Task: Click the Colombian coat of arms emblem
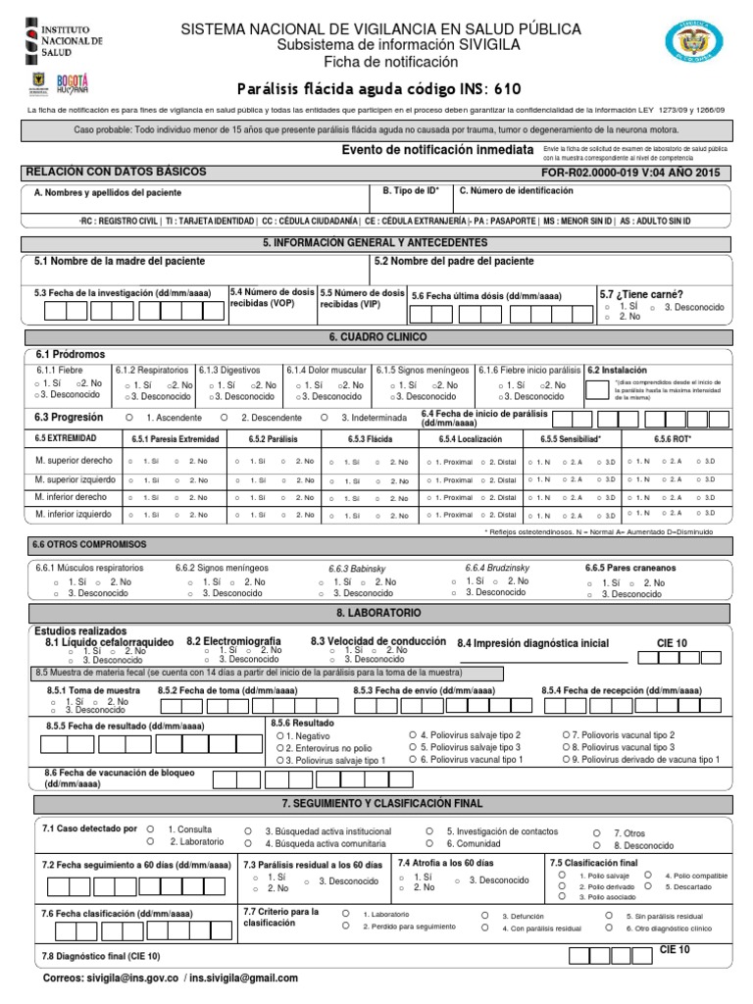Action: click(x=698, y=43)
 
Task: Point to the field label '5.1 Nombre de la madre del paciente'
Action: click(x=120, y=262)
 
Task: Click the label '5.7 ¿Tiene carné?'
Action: click(x=641, y=293)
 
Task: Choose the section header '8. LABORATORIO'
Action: click(x=378, y=612)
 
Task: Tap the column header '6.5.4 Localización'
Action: click(x=472, y=439)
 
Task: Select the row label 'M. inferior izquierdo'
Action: click(x=72, y=514)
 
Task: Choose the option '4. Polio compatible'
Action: click(x=694, y=875)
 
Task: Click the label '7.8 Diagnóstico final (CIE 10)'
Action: click(x=100, y=956)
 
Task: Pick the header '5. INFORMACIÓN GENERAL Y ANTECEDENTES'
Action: click(x=376, y=242)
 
